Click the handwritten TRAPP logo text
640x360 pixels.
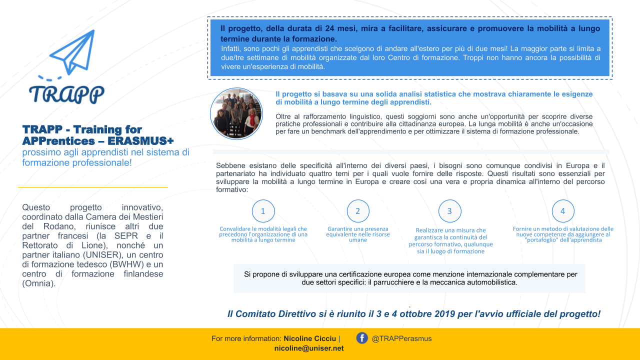click(66, 93)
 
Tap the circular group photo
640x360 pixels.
click(236, 114)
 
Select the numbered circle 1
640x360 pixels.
click(263, 211)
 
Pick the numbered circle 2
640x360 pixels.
click(358, 211)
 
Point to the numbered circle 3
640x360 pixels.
click(449, 211)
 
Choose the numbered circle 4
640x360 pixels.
click(563, 211)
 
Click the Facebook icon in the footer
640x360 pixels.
click(362, 338)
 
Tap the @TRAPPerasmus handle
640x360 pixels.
click(401, 338)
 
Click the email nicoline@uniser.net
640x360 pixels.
click(309, 348)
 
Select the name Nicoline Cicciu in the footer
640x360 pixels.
click(310, 338)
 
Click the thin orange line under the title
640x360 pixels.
click(92, 187)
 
